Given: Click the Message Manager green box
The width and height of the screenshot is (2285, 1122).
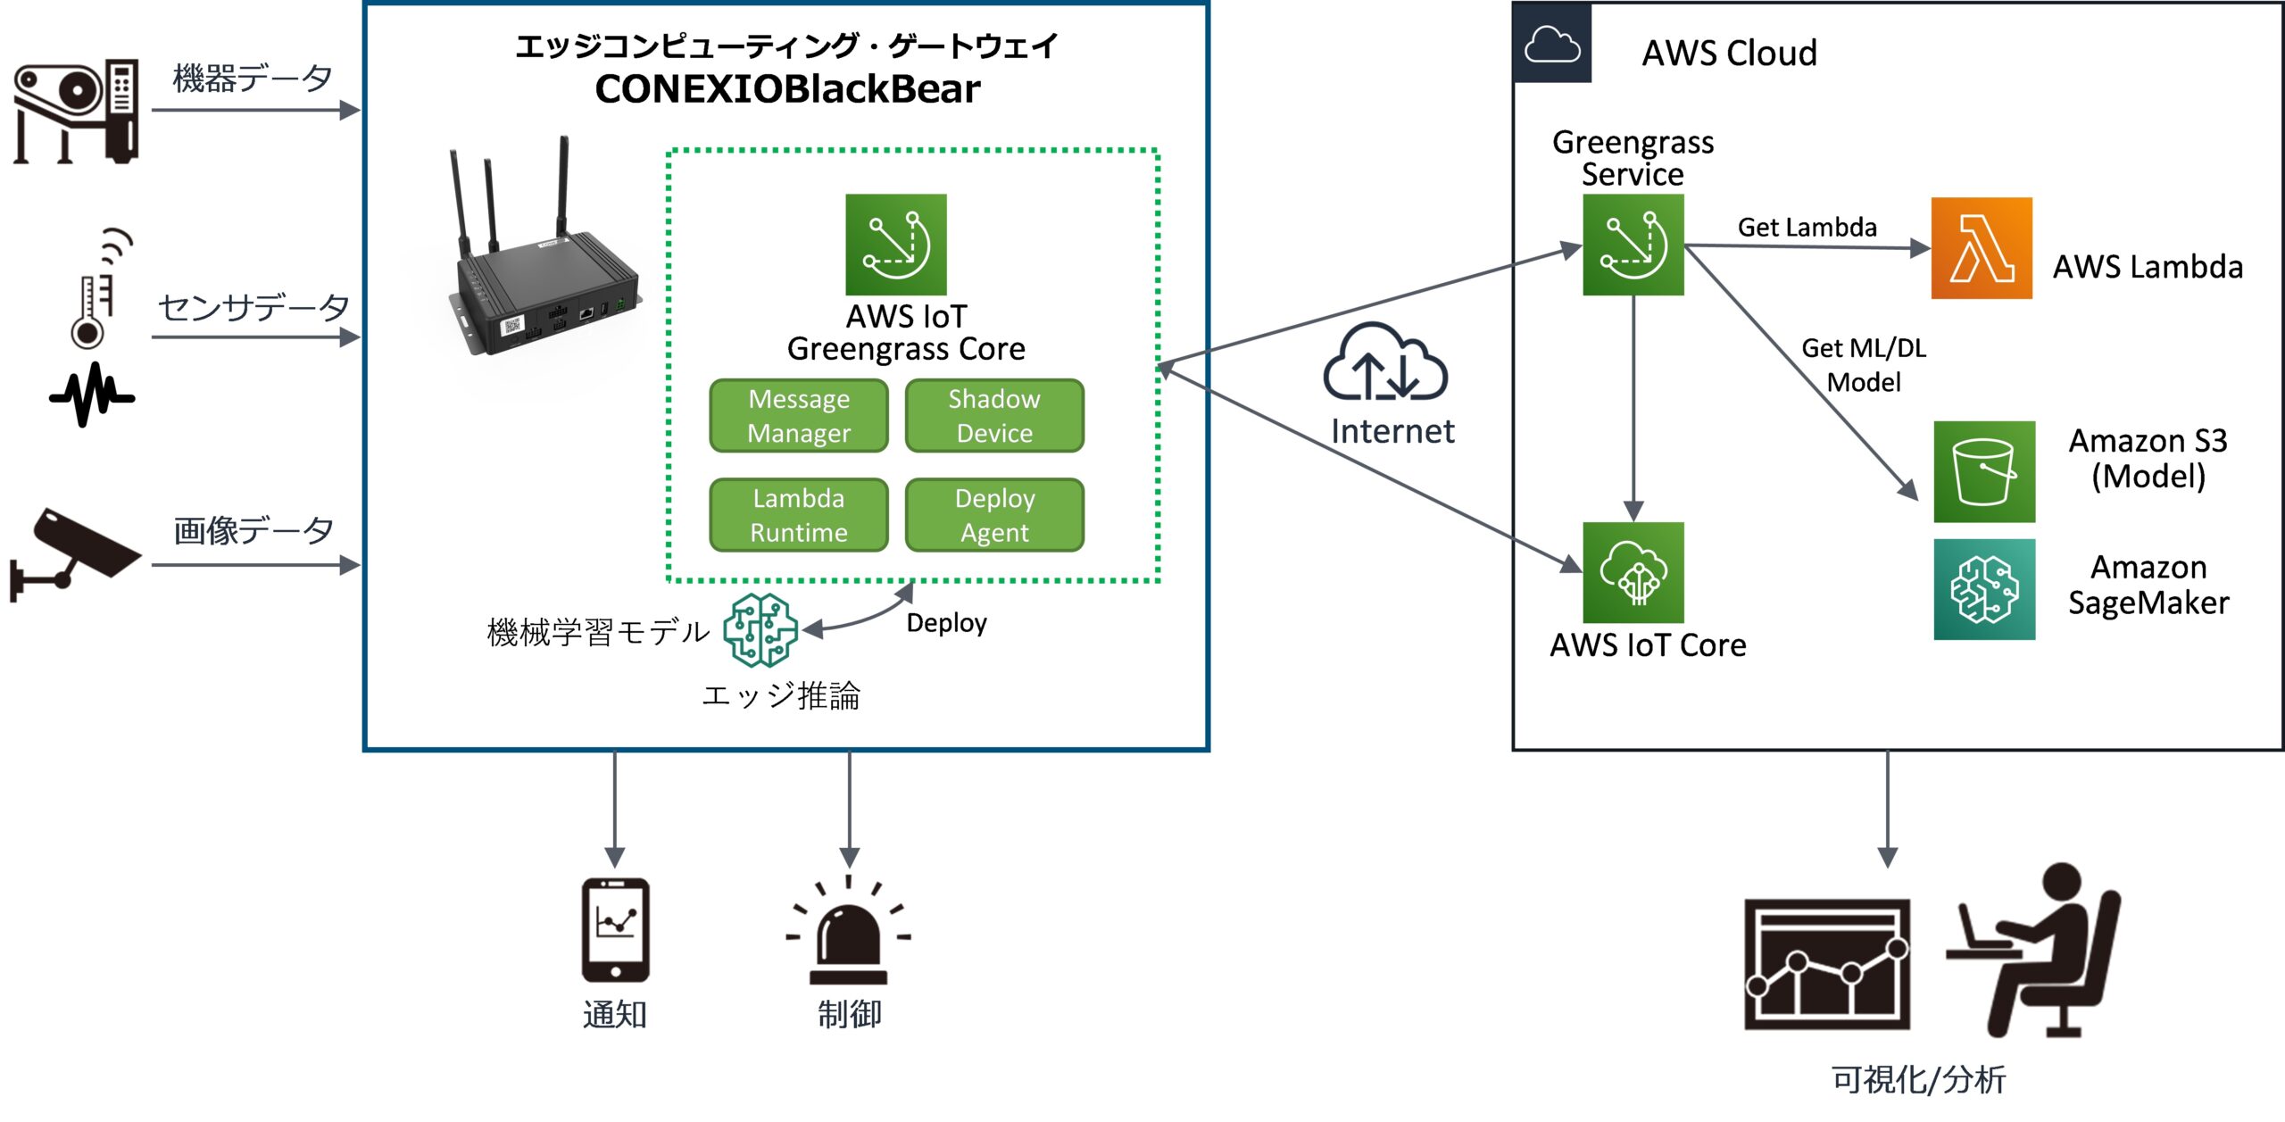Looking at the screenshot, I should pos(799,416).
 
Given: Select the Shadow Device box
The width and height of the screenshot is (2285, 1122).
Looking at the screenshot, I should pos(994,416).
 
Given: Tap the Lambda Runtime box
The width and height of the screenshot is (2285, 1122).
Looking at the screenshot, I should pos(799,515).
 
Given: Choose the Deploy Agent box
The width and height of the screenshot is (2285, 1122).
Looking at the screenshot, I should pos(994,515).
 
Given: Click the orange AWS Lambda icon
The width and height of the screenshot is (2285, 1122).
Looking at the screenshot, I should pos(1982,248).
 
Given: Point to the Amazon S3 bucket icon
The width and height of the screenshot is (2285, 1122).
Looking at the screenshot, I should pos(1984,471).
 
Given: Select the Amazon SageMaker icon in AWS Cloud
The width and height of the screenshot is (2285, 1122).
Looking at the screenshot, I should pos(1984,589).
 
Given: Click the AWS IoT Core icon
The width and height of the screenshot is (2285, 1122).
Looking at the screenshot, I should pos(1633,572).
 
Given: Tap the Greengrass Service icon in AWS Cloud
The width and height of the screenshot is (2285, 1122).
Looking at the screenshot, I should pos(1633,245).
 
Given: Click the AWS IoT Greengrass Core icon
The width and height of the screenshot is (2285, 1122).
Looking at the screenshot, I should pos(896,245).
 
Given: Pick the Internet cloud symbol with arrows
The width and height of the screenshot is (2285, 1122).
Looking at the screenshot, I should pos(1385,364).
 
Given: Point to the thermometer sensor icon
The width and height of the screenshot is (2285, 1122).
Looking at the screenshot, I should pos(89,308).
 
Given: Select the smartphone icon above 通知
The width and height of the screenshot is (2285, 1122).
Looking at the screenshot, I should pos(615,930).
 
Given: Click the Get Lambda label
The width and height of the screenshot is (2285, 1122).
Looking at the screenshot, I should pos(1807,228).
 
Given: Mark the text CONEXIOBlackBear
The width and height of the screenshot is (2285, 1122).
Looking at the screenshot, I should pos(787,89).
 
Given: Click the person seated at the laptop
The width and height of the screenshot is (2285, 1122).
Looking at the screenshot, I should pos(2040,951).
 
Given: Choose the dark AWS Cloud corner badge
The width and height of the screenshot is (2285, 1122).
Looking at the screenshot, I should pos(1552,43).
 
